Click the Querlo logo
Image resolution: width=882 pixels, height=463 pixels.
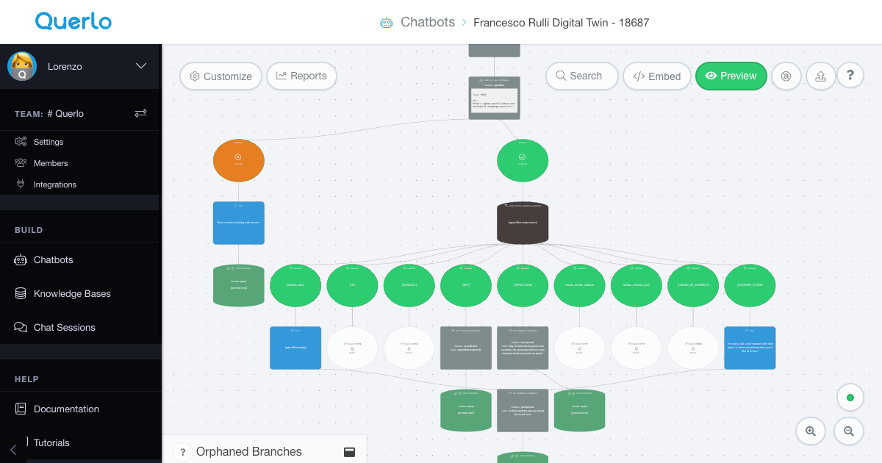click(73, 21)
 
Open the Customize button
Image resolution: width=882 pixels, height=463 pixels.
click(220, 76)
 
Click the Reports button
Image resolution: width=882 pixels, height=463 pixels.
click(301, 76)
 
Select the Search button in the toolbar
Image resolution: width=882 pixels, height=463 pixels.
click(581, 76)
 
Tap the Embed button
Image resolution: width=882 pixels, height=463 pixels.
click(657, 76)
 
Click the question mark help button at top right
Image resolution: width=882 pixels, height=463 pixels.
click(850, 75)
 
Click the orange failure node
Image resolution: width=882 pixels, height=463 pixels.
click(238, 160)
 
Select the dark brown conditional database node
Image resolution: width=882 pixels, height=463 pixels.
click(523, 223)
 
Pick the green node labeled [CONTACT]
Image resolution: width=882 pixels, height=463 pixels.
click(409, 285)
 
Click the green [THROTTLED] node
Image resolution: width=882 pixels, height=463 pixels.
click(523, 285)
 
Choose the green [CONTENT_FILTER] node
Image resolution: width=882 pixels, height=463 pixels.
click(750, 285)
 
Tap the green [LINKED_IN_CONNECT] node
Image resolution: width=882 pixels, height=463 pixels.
click(693, 285)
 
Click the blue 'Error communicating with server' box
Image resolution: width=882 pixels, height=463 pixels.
click(238, 223)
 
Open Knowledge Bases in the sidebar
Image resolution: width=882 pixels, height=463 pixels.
click(72, 294)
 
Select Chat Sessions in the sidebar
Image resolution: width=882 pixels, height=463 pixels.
click(64, 328)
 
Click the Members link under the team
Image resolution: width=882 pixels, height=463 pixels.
click(51, 163)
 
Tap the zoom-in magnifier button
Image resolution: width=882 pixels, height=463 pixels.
click(811, 431)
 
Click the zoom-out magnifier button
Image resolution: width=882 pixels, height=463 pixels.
click(849, 431)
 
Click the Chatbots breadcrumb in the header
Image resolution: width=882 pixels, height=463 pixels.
click(427, 22)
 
